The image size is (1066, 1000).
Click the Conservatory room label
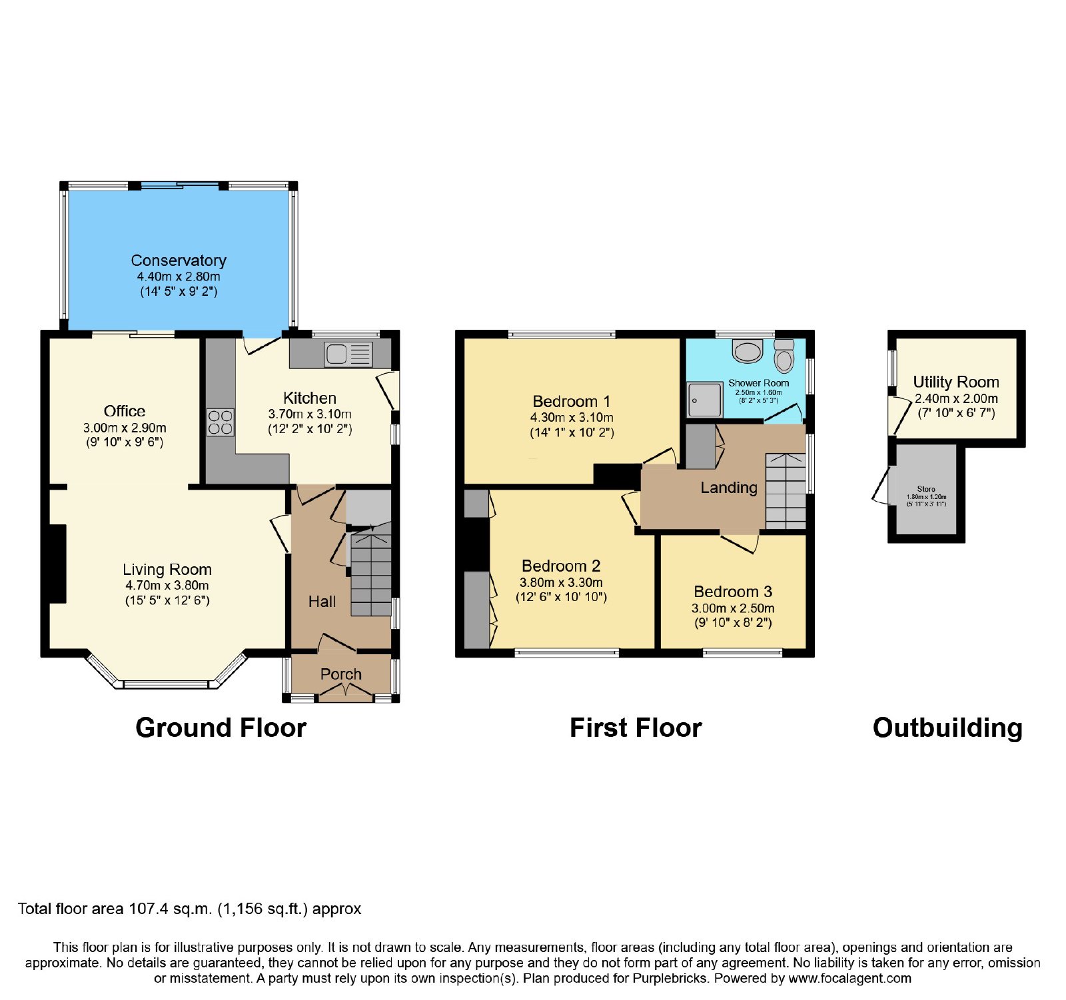(179, 260)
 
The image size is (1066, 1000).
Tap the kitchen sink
(348, 354)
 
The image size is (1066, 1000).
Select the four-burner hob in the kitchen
(221, 422)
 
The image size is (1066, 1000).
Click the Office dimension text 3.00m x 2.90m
(125, 428)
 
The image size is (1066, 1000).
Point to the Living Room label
(167, 570)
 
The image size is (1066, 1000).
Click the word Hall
(322, 602)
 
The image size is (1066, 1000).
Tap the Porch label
(341, 674)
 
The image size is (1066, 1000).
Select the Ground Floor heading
(221, 728)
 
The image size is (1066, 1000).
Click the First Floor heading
(636, 728)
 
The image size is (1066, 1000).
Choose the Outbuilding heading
(947, 728)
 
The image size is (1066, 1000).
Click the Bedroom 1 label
(572, 402)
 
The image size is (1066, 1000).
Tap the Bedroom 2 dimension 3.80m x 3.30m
(561, 582)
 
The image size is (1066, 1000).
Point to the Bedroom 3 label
(733, 592)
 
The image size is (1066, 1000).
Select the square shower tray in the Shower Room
(705, 400)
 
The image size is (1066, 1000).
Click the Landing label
(729, 488)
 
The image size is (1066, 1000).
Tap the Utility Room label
(956, 382)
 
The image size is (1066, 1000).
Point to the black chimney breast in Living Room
(57, 564)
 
